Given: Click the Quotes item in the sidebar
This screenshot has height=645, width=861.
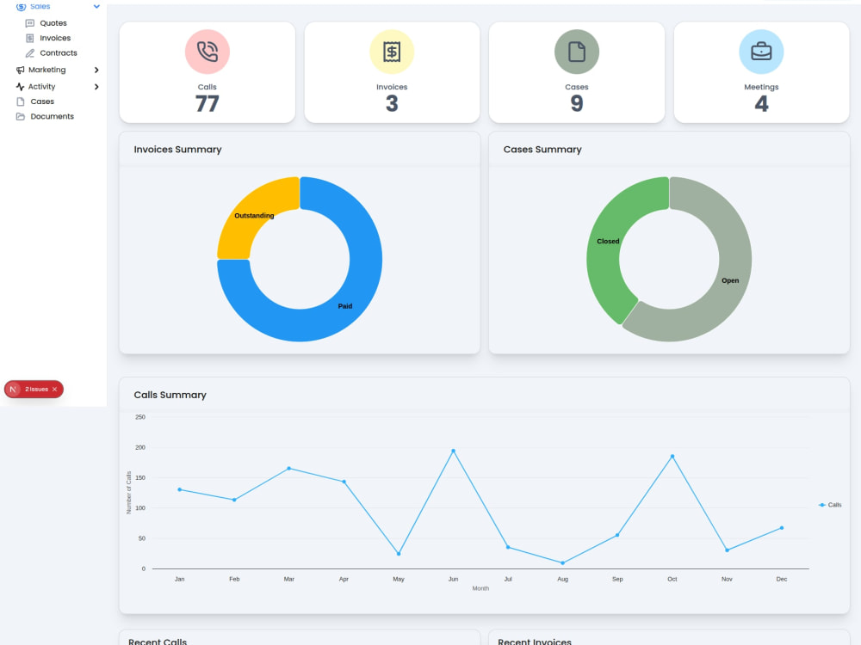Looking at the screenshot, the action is click(x=53, y=23).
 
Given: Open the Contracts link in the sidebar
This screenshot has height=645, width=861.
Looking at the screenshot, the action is click(x=58, y=52).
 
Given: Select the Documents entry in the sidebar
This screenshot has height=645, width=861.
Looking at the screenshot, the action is click(x=52, y=116).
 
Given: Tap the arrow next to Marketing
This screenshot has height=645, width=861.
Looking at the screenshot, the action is click(x=96, y=70).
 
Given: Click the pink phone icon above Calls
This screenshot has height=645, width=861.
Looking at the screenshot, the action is click(x=207, y=52).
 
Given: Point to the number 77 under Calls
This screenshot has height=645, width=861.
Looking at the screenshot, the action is click(x=207, y=104).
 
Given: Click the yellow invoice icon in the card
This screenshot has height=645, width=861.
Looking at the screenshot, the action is click(x=392, y=52).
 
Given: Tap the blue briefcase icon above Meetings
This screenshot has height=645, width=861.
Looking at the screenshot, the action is click(x=761, y=52).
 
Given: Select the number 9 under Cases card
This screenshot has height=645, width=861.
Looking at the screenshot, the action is click(x=577, y=104).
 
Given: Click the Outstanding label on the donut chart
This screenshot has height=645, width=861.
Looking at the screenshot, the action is click(x=254, y=216).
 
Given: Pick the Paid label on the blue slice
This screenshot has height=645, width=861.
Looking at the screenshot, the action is click(x=345, y=306).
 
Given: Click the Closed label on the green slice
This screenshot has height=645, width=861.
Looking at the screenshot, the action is click(x=608, y=242).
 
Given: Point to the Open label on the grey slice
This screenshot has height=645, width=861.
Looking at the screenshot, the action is click(x=730, y=280).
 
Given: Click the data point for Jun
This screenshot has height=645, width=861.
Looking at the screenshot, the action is click(x=453, y=451).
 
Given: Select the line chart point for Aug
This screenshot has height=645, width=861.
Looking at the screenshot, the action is click(x=562, y=562).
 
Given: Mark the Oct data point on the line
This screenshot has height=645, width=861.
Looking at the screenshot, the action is click(x=672, y=457).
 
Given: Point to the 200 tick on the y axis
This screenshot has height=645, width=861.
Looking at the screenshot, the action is click(x=140, y=447).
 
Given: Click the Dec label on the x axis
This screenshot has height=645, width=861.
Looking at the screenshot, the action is click(x=782, y=579).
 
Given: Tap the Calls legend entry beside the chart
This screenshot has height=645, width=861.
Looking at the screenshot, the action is click(x=830, y=505).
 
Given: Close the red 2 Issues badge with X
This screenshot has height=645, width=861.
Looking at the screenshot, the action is click(x=54, y=390).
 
